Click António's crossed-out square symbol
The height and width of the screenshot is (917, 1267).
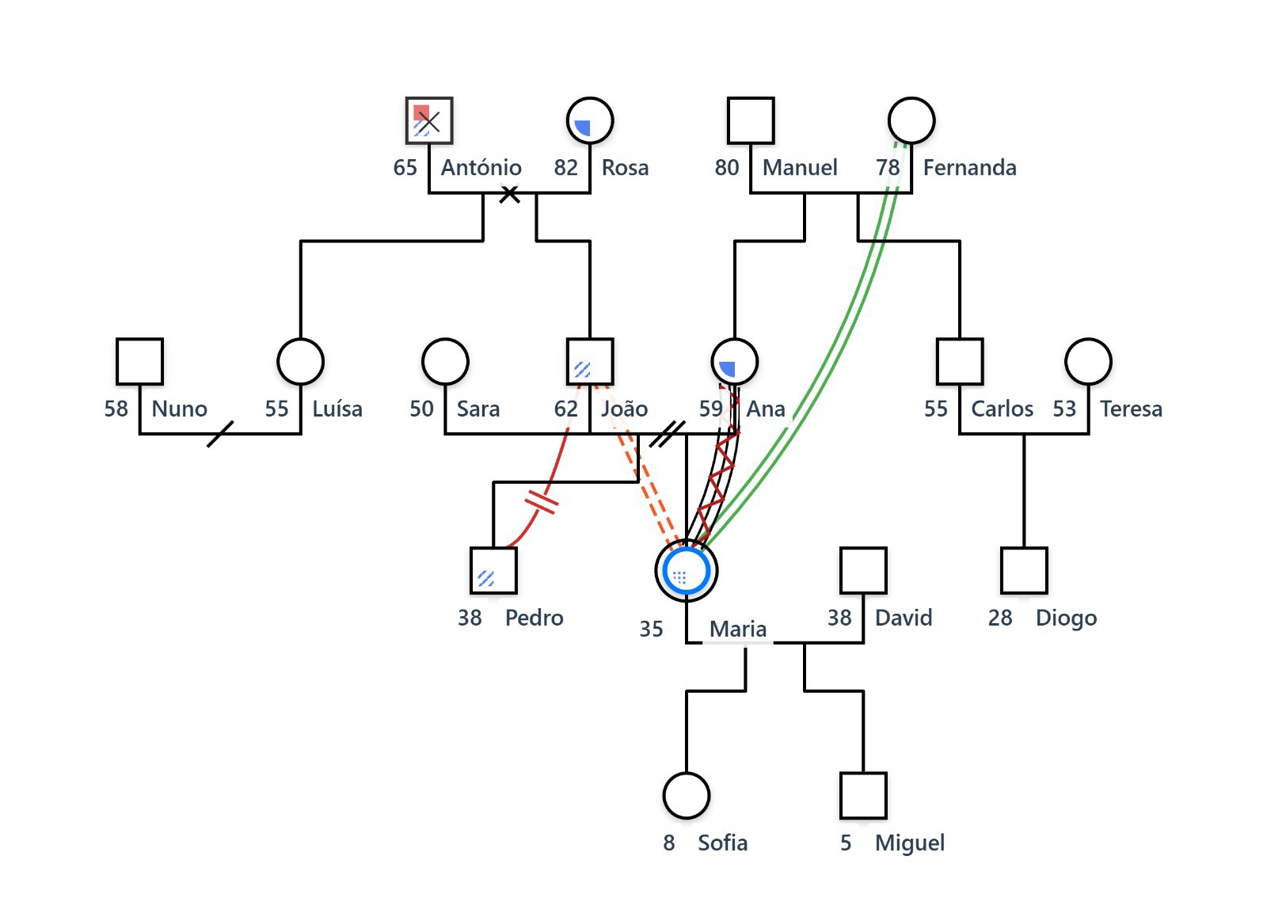tap(429, 121)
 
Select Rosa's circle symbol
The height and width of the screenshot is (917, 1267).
tap(590, 121)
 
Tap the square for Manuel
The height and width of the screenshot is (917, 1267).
tap(751, 121)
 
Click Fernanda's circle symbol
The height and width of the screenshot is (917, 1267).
tap(911, 121)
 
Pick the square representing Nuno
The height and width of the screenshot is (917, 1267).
tap(140, 362)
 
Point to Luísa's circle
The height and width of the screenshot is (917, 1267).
tap(301, 362)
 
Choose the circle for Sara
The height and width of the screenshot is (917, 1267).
tap(446, 362)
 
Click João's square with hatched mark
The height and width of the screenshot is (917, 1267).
tap(590, 362)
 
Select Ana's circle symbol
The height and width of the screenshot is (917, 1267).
tap(735, 362)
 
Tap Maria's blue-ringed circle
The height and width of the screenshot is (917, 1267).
tap(687, 571)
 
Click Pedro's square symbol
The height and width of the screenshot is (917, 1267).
tap(493, 571)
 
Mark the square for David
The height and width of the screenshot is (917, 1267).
tap(863, 571)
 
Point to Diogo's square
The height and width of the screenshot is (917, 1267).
tap(1024, 571)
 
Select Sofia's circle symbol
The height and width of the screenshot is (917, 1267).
tap(687, 796)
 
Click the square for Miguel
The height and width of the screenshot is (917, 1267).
tap(863, 796)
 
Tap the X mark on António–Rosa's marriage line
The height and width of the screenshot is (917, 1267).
tap(510, 193)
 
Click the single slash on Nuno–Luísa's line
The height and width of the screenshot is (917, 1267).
tap(220, 434)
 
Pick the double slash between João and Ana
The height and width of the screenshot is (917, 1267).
tap(667, 434)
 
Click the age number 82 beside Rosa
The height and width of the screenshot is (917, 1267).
tap(565, 168)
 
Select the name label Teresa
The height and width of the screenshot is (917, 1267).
tap(1131, 409)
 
